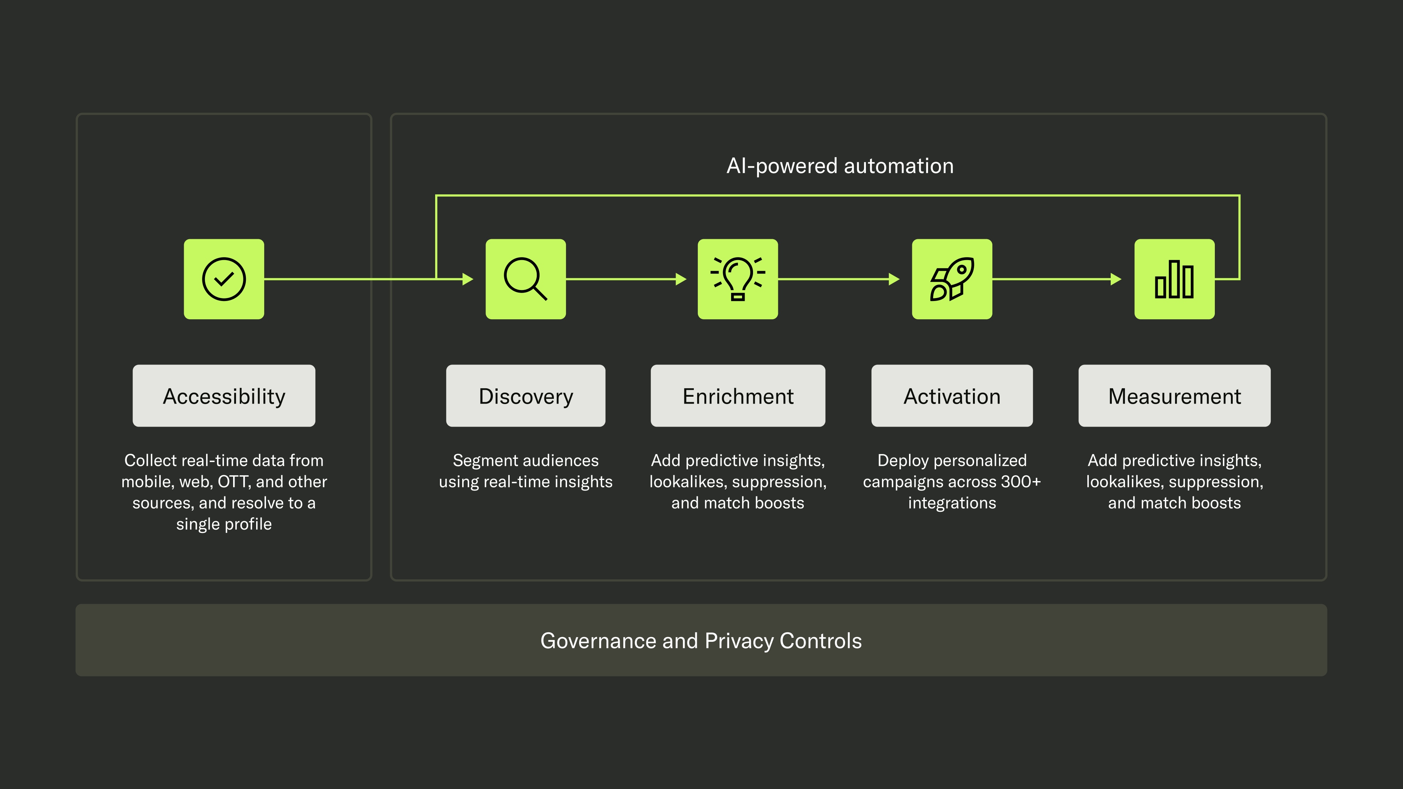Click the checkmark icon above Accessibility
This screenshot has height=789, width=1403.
coord(224,279)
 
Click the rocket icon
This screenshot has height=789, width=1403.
coord(951,279)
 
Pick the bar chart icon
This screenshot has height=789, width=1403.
coord(1174,279)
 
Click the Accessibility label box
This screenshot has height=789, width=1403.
coord(224,396)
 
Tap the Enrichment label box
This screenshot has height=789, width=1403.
coord(737,396)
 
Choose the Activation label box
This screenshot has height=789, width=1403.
coord(951,396)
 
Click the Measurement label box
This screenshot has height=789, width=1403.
coord(1174,396)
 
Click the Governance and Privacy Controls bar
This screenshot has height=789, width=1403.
coord(701,640)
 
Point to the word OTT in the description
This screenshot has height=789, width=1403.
coord(234,482)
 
